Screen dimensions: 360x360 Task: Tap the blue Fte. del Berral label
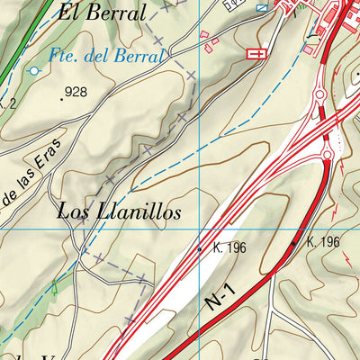[x=106, y=56]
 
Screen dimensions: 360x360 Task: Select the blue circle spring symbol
[x=34, y=69]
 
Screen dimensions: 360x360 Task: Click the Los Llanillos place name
[x=119, y=212]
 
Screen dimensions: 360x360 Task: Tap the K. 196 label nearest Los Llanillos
[x=229, y=247]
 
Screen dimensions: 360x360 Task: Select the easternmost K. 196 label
[x=322, y=242]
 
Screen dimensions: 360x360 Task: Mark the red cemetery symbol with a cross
[x=257, y=54]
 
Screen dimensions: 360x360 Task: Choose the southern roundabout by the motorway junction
[x=328, y=154]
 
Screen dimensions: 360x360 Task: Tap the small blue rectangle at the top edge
[x=262, y=7]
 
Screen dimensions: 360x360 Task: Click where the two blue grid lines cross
[x=199, y=229]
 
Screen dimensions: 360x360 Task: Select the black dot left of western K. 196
[x=200, y=249]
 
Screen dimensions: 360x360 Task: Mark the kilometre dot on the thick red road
[x=293, y=243]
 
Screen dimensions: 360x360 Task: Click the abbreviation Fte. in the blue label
[x=67, y=56]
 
